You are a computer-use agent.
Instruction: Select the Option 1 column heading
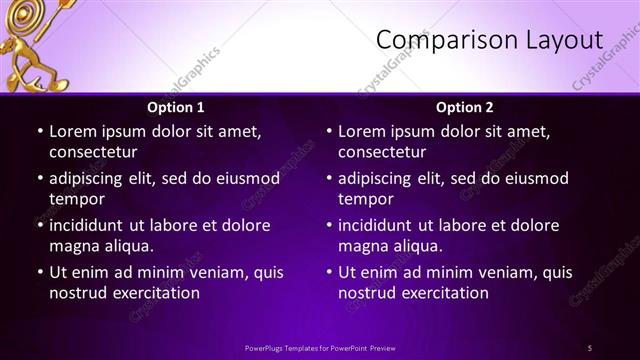(176, 107)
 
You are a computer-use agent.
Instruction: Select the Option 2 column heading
(465, 107)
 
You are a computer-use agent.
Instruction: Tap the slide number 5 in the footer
(589, 347)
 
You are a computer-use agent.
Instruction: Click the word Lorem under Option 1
(73, 131)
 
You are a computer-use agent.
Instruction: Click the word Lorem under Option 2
(362, 131)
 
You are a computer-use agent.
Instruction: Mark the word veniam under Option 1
(201, 272)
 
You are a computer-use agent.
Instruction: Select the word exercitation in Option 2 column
(443, 293)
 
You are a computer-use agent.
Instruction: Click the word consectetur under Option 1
(93, 152)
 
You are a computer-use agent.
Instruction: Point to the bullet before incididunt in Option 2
(328, 226)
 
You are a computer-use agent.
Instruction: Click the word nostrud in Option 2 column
(366, 293)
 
